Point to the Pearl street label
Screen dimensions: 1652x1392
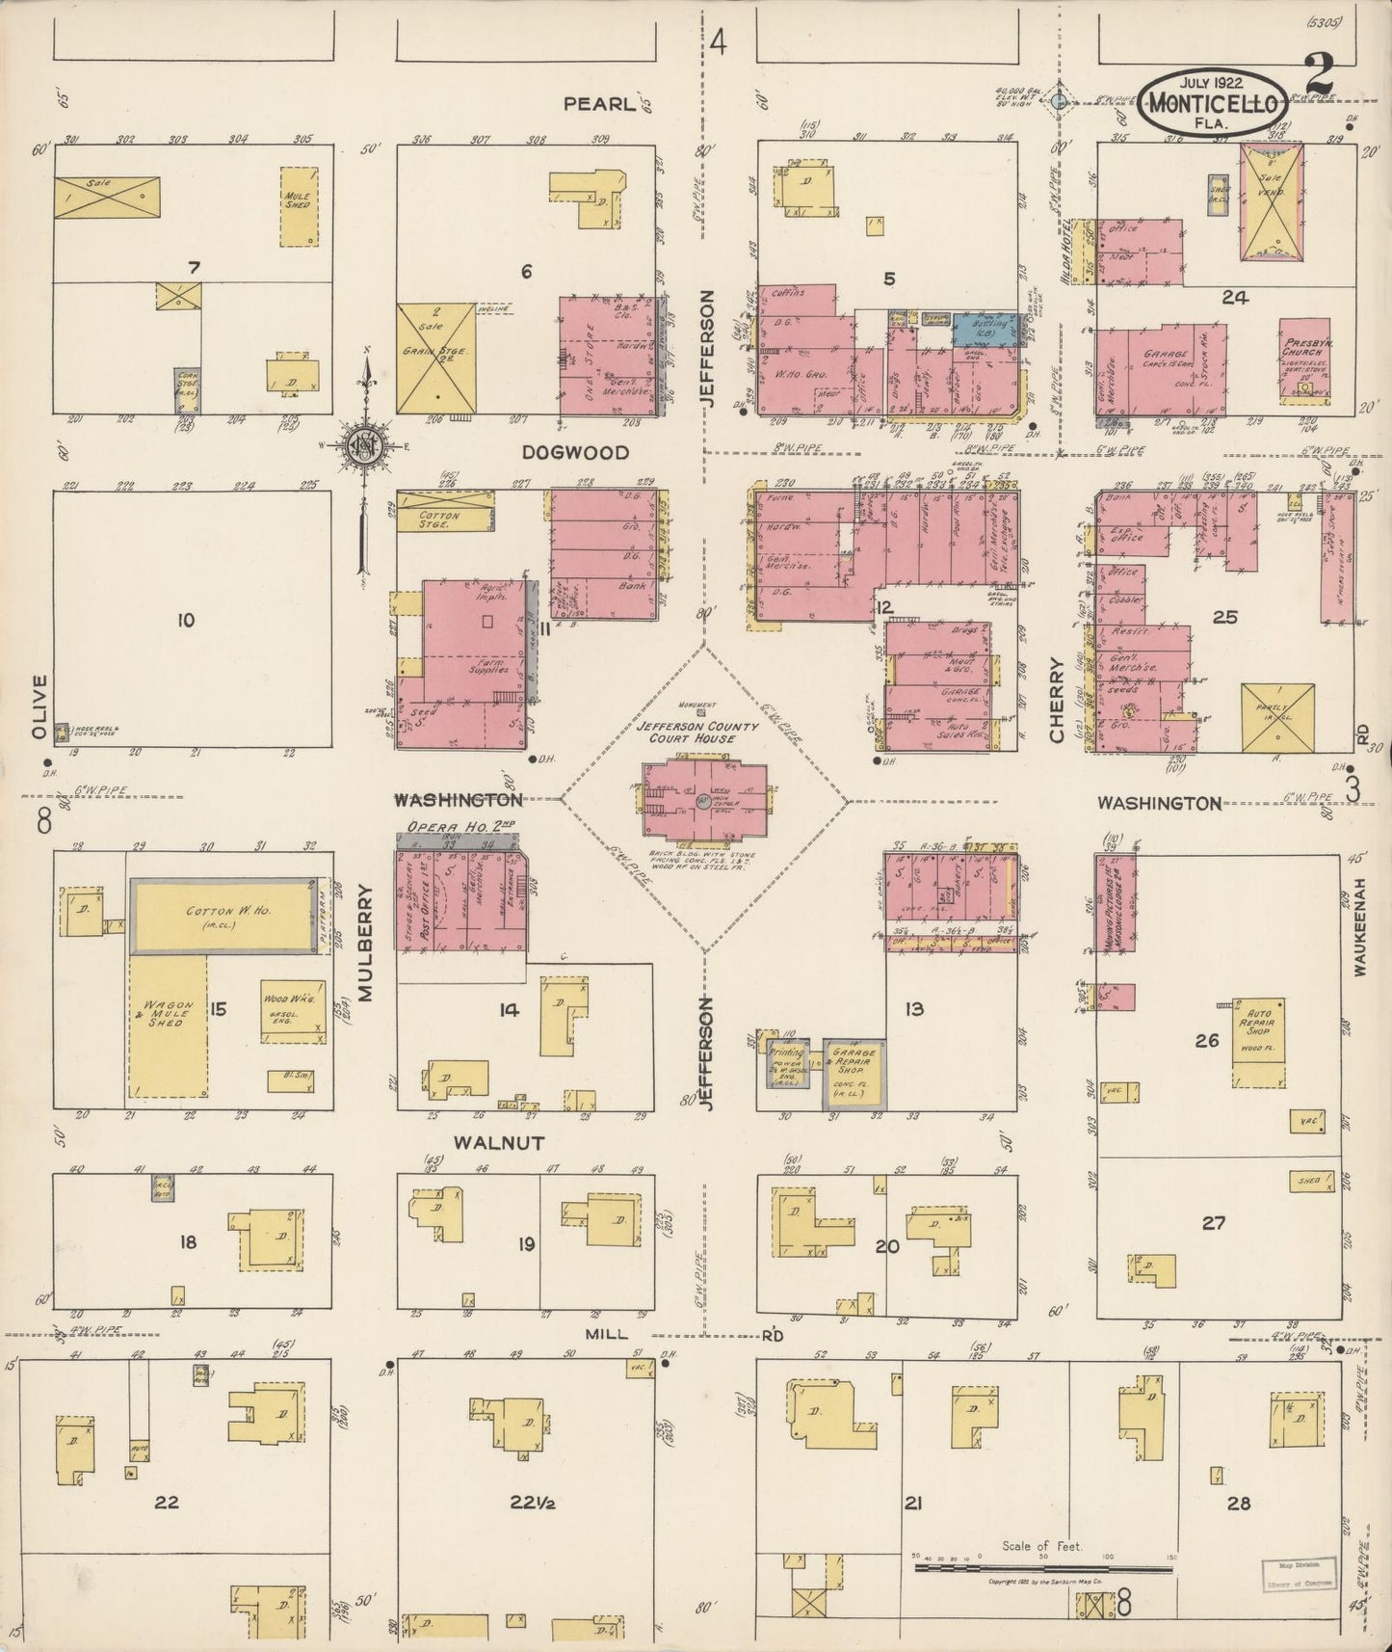click(600, 104)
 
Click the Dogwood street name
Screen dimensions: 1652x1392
click(575, 452)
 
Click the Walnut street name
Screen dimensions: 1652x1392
click(499, 1143)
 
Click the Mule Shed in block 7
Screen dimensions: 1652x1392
click(298, 206)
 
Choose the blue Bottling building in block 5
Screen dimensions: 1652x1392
click(985, 329)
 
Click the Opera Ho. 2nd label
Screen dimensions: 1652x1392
click(449, 827)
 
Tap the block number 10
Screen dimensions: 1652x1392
click(185, 620)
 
